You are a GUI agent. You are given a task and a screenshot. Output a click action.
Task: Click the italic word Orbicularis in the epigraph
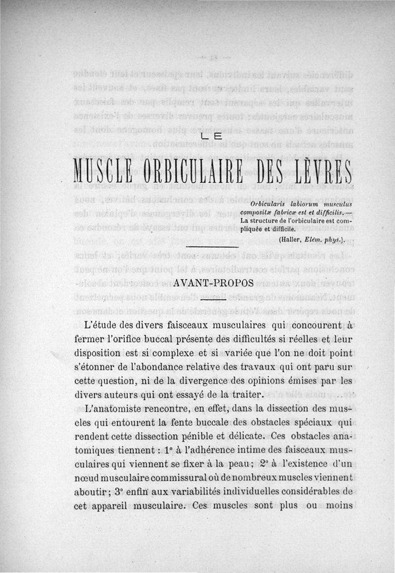pos(270,204)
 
